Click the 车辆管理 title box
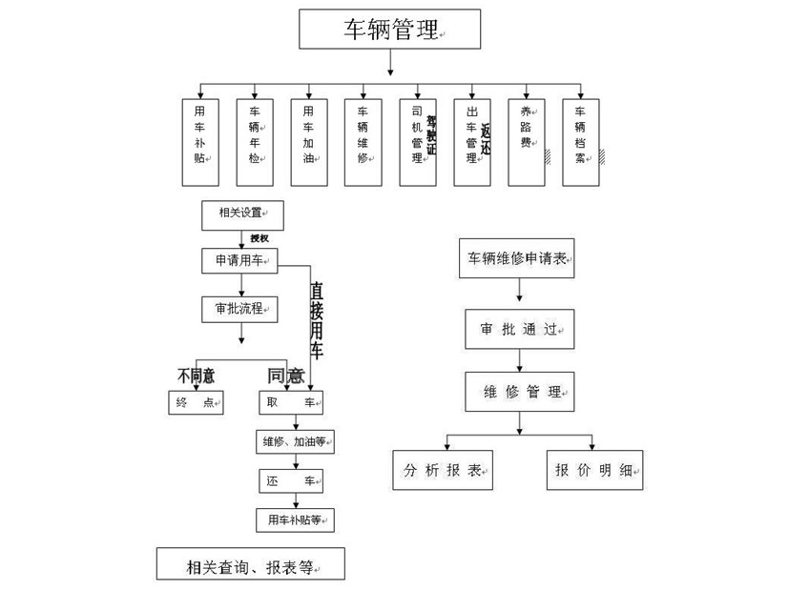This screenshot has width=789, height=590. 391,29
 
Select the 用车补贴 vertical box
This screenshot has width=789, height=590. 200,141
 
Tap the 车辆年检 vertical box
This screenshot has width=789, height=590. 255,141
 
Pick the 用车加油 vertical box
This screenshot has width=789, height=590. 308,141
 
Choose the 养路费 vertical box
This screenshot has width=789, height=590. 526,141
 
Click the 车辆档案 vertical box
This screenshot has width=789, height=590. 580,141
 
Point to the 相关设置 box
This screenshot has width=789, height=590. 242,214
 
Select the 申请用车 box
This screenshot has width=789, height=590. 240,260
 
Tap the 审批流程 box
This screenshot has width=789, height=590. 239,309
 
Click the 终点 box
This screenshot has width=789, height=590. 196,403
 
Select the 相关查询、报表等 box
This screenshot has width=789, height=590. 250,564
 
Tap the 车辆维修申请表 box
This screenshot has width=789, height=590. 518,258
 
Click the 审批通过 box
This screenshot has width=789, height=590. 519,329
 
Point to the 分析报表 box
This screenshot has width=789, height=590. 444,470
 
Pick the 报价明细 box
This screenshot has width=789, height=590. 595,470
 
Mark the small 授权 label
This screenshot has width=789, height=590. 260,238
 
